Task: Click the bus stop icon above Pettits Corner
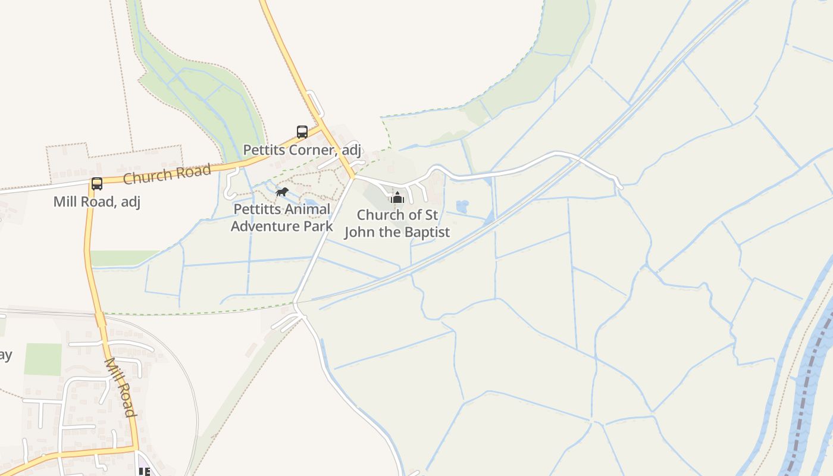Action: click(x=302, y=131)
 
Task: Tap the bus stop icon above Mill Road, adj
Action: click(x=97, y=184)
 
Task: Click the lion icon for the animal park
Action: click(x=282, y=192)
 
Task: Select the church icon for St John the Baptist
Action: click(x=397, y=198)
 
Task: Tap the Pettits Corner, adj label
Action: click(x=302, y=149)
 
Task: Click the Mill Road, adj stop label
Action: click(x=97, y=202)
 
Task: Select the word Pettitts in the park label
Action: click(x=257, y=209)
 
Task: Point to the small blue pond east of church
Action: click(x=462, y=206)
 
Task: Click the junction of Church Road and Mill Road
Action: click(x=92, y=181)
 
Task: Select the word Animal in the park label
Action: click(x=308, y=209)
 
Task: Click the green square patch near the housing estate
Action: click(x=43, y=359)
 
